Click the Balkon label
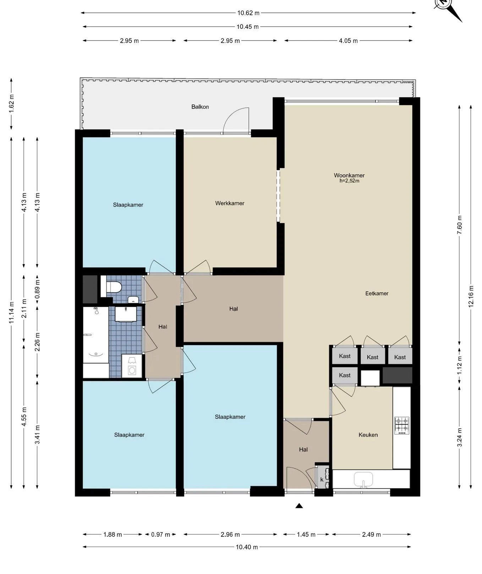200,106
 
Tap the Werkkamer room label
230,203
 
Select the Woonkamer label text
349,175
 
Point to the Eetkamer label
377,293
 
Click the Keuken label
368,434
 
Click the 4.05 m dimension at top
348,40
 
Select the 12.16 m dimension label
471,296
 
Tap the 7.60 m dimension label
459,225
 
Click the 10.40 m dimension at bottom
247,547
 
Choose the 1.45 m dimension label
306,534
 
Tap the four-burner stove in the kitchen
402,425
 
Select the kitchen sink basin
363,479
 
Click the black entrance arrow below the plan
299,506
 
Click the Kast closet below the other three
345,375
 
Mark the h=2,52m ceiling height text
349,181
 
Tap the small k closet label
322,479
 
